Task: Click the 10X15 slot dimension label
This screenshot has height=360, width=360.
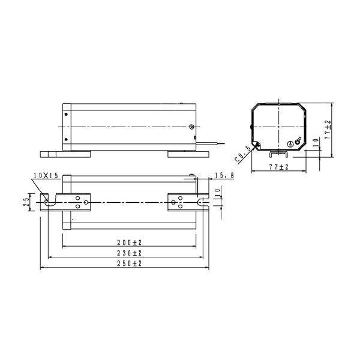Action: [46, 176]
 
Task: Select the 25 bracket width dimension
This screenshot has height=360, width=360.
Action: [26, 202]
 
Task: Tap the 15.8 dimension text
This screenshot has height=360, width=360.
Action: [224, 176]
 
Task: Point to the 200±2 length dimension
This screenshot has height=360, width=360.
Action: [130, 242]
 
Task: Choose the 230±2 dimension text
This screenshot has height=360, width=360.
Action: [130, 253]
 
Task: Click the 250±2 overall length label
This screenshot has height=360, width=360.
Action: [130, 263]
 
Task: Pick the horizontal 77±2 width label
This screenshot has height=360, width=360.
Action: [279, 167]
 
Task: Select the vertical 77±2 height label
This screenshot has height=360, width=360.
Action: [328, 130]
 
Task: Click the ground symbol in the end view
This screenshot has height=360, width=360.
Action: [290, 144]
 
